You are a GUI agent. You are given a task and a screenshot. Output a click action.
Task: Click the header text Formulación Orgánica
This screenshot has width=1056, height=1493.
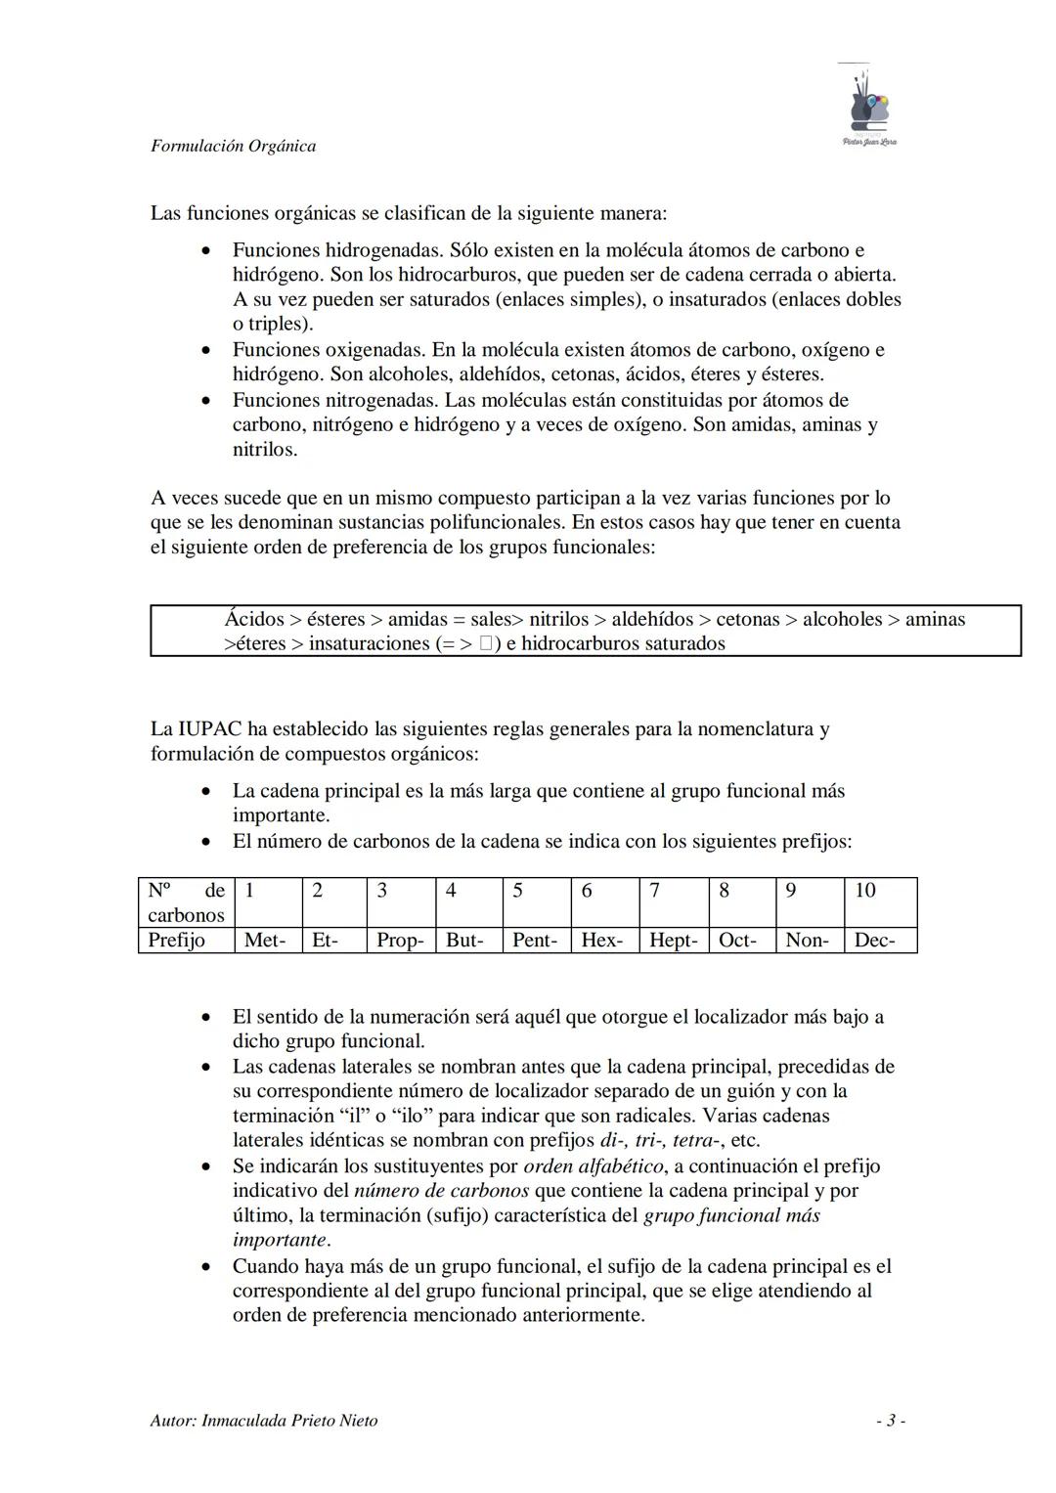233,146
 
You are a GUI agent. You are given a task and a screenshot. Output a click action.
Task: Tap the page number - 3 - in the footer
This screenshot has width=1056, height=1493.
890,1421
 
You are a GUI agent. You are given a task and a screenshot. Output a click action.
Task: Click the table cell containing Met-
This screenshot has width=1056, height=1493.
265,941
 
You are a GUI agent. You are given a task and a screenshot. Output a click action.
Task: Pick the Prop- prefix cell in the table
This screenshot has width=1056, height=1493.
400,941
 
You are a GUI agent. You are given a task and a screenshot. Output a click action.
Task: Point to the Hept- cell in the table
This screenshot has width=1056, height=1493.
674,941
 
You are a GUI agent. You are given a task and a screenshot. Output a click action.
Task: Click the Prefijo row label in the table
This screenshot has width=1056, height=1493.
177,941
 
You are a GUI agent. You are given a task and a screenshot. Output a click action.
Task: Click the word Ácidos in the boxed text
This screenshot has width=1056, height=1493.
254,619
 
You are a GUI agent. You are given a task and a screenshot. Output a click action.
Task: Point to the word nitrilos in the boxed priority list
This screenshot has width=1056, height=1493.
559,619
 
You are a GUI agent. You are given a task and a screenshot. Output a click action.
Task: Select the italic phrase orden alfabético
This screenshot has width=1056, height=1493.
594,1166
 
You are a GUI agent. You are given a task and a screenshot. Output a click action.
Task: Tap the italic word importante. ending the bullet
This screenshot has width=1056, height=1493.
281,1241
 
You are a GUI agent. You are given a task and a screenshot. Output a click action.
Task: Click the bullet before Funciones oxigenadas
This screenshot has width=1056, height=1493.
205,350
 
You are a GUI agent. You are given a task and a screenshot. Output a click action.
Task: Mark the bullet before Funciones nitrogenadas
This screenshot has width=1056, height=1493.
205,401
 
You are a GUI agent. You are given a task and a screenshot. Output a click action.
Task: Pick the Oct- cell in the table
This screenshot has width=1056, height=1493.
737,941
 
